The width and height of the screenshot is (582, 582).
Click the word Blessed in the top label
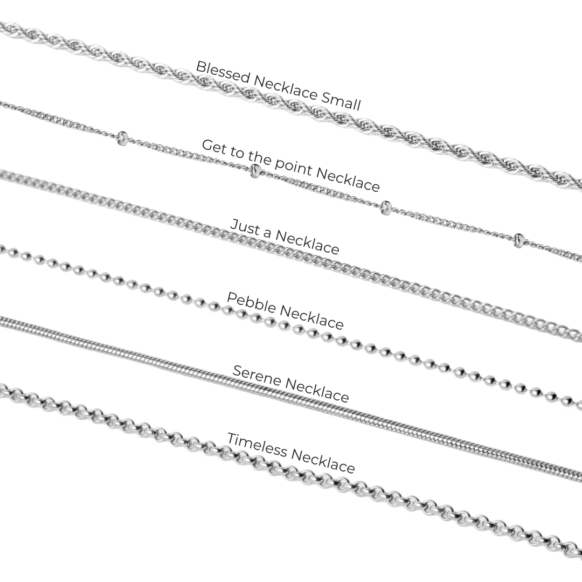223,72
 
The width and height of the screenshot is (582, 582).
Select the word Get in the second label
213,147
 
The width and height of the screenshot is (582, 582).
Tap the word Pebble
252,302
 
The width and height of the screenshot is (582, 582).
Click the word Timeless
257,444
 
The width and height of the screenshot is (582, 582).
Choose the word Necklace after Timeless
323,460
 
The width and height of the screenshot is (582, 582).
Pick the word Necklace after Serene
317,390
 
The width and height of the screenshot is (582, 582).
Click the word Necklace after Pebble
312,318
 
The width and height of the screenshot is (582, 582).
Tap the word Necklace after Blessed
286,87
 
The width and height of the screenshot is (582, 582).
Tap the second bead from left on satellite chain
255,171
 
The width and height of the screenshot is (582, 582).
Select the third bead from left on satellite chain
386,208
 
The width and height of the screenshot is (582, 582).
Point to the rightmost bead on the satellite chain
519,240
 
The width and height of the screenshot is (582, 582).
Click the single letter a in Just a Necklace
267,233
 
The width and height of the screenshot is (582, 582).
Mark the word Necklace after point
348,180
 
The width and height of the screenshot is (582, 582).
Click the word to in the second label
237,151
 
